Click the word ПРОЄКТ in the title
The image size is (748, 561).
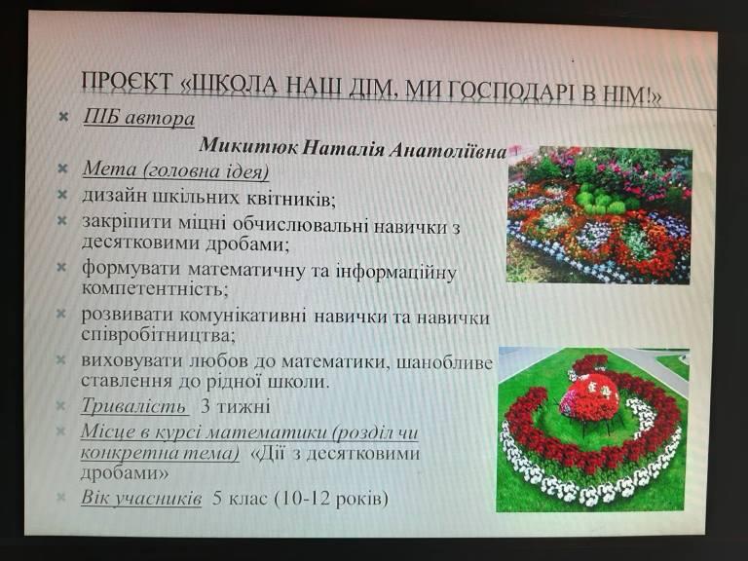click(128, 81)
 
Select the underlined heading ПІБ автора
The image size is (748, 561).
click(139, 118)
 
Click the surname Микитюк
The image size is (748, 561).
click(248, 145)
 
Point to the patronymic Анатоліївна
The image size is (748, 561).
click(448, 150)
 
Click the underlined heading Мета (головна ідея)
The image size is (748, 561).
click(175, 170)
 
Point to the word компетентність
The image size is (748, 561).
click(155, 289)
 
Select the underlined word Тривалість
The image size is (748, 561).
click(133, 406)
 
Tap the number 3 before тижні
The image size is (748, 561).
click(206, 406)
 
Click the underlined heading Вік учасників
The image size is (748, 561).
click(141, 498)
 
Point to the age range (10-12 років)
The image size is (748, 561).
click(331, 499)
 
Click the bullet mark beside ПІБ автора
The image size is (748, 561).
click(63, 117)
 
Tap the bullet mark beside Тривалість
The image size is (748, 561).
click(61, 405)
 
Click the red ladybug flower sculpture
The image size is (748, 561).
click(589, 399)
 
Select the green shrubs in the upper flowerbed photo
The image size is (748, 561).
click(600, 200)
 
